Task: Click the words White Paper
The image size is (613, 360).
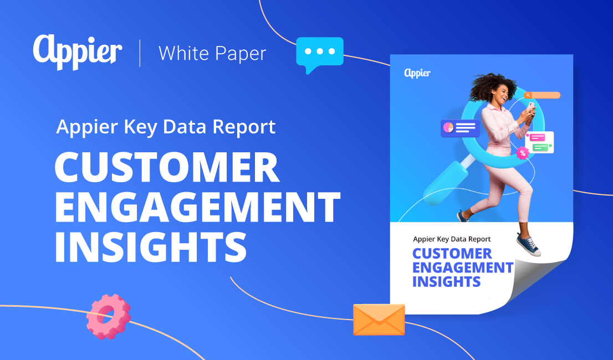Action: pyautogui.click(x=212, y=53)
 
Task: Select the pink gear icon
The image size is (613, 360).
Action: pyautogui.click(x=108, y=317)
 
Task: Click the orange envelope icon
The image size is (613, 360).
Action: pyautogui.click(x=379, y=320)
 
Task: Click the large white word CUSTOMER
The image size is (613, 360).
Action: pyautogui.click(x=166, y=168)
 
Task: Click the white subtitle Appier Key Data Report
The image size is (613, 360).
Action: pyautogui.click(x=166, y=127)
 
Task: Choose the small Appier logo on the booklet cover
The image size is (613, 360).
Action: pyautogui.click(x=417, y=73)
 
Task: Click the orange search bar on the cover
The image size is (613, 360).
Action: pyautogui.click(x=543, y=95)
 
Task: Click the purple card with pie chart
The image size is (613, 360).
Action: pyautogui.click(x=460, y=128)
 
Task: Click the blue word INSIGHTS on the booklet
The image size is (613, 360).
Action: pyautogui.click(x=446, y=281)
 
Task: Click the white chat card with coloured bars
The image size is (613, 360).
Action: pyautogui.click(x=539, y=142)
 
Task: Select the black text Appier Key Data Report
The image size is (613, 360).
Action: pyautogui.click(x=452, y=239)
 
